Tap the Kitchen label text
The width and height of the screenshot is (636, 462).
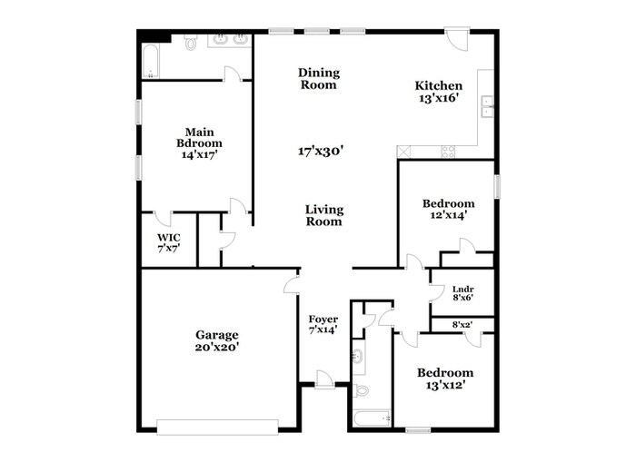pyautogui.click(x=439, y=86)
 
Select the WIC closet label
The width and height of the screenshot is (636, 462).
pyautogui.click(x=169, y=238)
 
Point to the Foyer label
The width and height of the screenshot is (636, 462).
pyautogui.click(x=323, y=319)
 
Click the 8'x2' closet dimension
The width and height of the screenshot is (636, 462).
pyautogui.click(x=462, y=324)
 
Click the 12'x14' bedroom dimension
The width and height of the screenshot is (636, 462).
pyautogui.click(x=449, y=216)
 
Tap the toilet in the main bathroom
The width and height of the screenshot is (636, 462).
pyautogui.click(x=192, y=42)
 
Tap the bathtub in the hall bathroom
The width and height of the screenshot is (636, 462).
pyautogui.click(x=371, y=418)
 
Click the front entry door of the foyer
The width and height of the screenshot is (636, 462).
pyautogui.click(x=323, y=379)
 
